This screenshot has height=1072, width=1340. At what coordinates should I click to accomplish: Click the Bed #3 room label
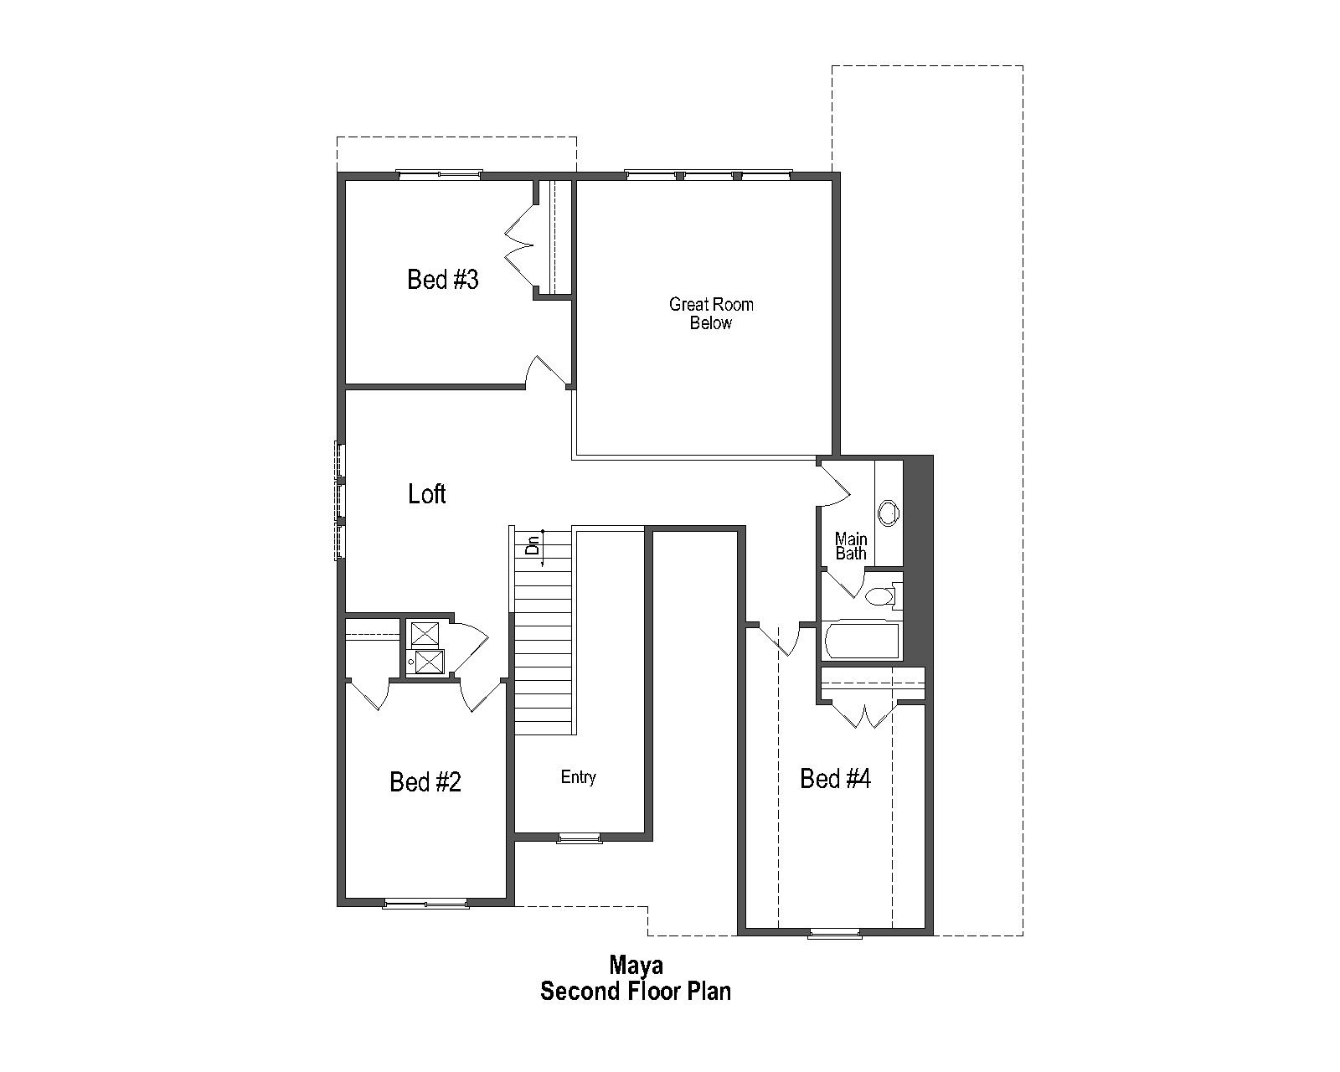pos(442,279)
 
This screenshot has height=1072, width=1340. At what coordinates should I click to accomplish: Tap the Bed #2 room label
pos(425,781)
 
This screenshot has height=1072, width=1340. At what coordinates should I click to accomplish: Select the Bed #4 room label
pos(835,779)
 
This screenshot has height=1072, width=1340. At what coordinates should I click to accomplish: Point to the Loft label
pos(426,494)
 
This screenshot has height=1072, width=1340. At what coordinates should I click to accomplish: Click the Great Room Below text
pos(711,313)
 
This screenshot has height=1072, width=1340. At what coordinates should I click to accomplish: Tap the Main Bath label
pos(851,546)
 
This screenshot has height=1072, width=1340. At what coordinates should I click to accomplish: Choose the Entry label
pos(578,777)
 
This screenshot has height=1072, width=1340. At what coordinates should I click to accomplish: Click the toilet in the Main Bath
pos(880,596)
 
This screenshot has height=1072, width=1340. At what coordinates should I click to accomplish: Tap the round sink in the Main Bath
pos(888,511)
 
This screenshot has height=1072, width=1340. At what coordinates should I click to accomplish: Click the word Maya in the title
pos(636,965)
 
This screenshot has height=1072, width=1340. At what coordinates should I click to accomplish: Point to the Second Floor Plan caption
pos(636,992)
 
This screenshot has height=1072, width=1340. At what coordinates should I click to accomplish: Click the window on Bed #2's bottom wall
pos(425,903)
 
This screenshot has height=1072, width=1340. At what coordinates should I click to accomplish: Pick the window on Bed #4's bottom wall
pos(834,932)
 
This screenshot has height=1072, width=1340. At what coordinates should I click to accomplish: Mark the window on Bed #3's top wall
pos(439,174)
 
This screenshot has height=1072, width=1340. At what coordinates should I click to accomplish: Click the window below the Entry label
pos(579,837)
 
